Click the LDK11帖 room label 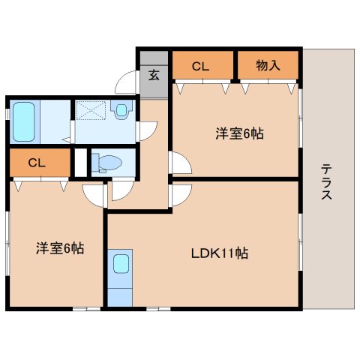pos(220,253)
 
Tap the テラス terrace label pos(326,181)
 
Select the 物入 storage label pos(268,65)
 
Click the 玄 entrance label pos(154,75)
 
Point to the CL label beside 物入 pos(200,67)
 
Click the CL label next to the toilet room pos(37,163)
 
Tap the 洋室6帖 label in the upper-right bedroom pos(239,133)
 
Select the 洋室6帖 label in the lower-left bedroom pos(60,248)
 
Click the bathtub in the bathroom pos(24,121)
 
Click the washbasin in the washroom pos(121,109)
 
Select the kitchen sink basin pos(121,264)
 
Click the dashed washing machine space pos(91,110)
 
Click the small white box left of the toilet pos(81,163)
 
